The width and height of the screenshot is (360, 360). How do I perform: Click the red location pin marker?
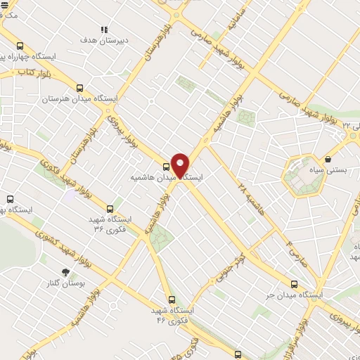(x=180, y=165)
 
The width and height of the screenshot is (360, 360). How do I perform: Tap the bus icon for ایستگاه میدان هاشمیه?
(x=166, y=167)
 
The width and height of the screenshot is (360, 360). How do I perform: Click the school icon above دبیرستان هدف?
(x=104, y=30)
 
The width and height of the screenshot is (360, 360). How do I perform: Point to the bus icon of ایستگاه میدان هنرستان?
(x=79, y=89)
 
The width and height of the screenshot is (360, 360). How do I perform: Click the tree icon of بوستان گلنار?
(x=65, y=271)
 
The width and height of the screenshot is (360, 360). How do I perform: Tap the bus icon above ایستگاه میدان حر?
(x=294, y=285)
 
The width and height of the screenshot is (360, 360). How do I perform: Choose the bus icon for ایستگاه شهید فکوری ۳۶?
(x=110, y=209)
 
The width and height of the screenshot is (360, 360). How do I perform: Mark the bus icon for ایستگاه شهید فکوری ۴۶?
(x=172, y=299)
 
